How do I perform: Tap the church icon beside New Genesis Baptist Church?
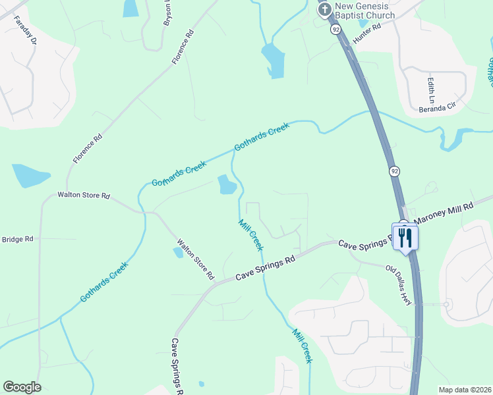coord(324,9)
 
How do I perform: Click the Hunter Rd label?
coord(367,34)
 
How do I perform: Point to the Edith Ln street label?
coord(431,90)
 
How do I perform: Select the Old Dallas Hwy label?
coord(399,285)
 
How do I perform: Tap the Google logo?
coord(22,387)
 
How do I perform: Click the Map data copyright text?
coord(465,390)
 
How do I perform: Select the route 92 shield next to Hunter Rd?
coord(335,30)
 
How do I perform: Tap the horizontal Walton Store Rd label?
coord(83,196)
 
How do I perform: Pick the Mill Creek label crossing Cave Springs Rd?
coord(251,234)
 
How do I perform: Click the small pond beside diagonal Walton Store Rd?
coord(178,251)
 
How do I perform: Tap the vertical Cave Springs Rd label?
coord(178,365)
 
